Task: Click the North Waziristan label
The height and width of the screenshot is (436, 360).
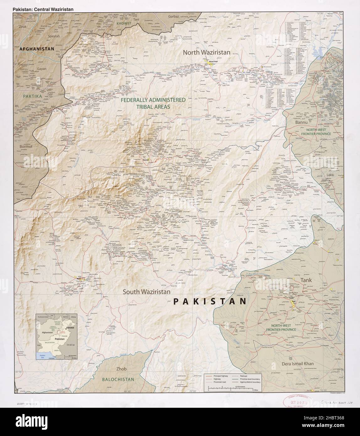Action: tap(207, 52)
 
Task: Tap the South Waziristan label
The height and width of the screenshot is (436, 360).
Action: tap(146, 292)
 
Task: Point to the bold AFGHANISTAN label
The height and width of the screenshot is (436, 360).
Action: tap(37, 49)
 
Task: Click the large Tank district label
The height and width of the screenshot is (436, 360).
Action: tap(306, 280)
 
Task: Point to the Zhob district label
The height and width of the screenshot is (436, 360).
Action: tap(121, 369)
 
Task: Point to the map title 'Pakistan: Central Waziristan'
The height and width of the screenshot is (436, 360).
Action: tap(43, 9)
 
